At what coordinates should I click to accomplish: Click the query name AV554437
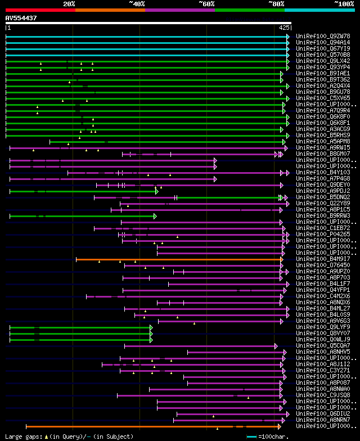pos(21,18)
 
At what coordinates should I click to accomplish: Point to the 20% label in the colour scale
pos(69,3)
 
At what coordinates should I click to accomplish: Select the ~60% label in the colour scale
pos(206,3)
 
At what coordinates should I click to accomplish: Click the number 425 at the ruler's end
pos(284,28)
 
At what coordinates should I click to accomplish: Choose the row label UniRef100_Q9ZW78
pos(323,37)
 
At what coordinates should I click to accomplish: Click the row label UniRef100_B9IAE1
pos(323,74)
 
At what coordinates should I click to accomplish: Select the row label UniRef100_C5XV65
pos(323,98)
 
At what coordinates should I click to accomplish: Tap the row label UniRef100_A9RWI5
pos(323,148)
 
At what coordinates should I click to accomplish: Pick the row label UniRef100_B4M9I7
pos(323,259)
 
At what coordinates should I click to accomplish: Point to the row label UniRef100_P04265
pos(323,235)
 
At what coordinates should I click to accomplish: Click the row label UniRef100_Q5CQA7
pos(323,346)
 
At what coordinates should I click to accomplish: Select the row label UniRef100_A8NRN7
pos(323,420)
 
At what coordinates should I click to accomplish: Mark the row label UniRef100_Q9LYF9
pos(323,327)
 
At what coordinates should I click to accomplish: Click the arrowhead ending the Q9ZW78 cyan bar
pos(287,37)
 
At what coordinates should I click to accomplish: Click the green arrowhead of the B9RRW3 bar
pos(155,216)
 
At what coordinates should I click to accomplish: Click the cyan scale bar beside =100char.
pos(251,436)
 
